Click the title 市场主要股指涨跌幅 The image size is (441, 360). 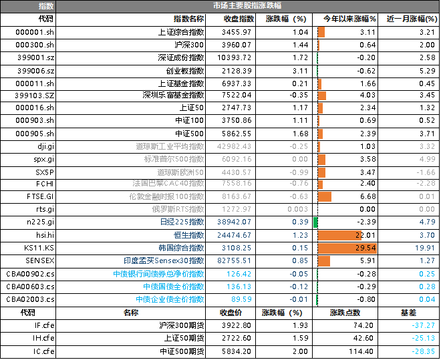(x=247, y=5)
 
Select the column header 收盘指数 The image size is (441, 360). (x=239, y=19)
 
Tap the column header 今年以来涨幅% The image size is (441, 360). (x=349, y=19)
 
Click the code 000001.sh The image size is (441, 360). (x=35, y=32)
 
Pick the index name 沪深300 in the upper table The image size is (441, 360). (x=189, y=45)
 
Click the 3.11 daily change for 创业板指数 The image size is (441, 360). (x=301, y=71)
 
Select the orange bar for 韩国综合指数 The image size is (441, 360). (x=347, y=248)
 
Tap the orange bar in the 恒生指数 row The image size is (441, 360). (x=339, y=235)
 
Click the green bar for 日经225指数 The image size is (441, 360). (x=315, y=222)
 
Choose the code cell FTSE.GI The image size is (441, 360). (x=40, y=196)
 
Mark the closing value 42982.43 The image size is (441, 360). (x=234, y=146)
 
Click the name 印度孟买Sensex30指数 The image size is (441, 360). (x=164, y=260)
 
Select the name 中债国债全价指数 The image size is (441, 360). (x=174, y=287)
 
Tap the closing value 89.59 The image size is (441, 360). (x=241, y=299)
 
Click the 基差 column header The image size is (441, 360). (x=408, y=313)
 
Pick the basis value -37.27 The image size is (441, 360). (x=423, y=325)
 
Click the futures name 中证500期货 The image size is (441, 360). (x=182, y=351)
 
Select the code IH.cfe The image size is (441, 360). (x=43, y=338)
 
